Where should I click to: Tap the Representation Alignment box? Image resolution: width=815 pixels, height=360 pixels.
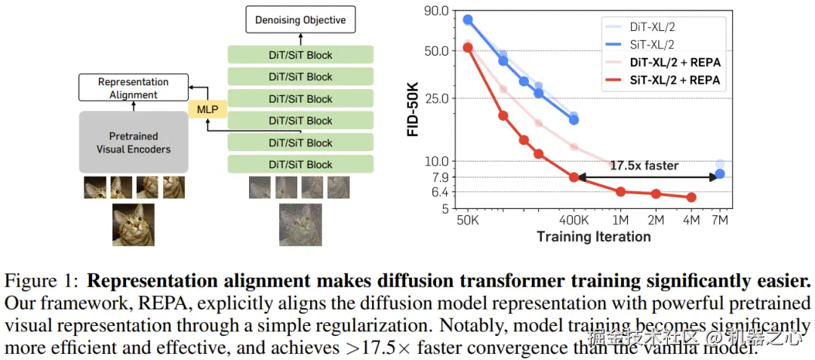pyautogui.click(x=134, y=88)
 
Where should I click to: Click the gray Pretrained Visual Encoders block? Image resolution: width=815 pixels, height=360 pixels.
pyautogui.click(x=134, y=143)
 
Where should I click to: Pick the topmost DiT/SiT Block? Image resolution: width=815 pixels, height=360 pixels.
pyautogui.click(x=300, y=55)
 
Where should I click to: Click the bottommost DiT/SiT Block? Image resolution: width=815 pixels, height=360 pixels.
pyautogui.click(x=300, y=165)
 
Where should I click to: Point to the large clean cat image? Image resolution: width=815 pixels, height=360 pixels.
pyautogui.click(x=134, y=224)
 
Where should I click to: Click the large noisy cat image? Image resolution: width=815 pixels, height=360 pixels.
pyautogui.click(x=300, y=224)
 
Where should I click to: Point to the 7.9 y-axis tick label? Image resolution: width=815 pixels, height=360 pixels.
pyautogui.click(x=439, y=177)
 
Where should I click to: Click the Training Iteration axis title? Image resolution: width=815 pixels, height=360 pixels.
pyautogui.click(x=593, y=237)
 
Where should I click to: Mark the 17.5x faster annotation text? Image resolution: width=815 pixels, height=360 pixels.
pyautogui.click(x=644, y=165)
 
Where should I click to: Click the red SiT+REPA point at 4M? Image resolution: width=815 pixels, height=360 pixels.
pyautogui.click(x=691, y=198)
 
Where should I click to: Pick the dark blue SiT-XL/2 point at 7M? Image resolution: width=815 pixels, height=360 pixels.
pyautogui.click(x=720, y=174)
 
